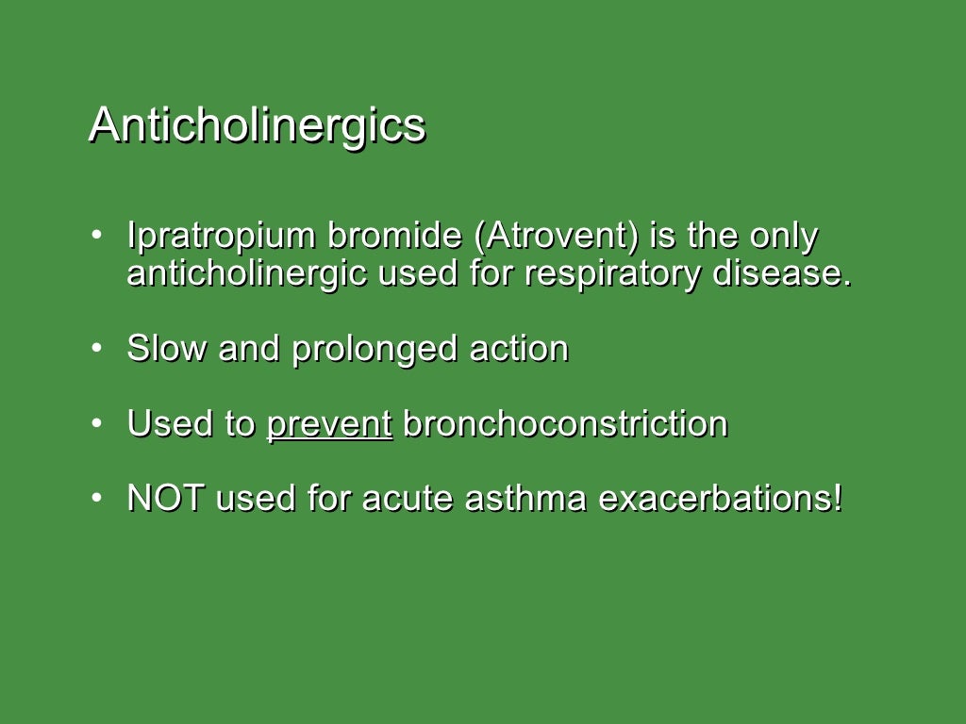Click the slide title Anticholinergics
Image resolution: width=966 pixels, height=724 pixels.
[x=257, y=125]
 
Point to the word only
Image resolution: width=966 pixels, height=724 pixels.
[x=783, y=237]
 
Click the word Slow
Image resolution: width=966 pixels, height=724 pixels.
[x=167, y=349]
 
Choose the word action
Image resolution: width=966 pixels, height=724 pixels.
[x=519, y=349]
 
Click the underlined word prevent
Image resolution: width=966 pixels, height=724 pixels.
[x=329, y=424]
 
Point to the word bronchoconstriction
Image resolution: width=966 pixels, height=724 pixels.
[x=565, y=424]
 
